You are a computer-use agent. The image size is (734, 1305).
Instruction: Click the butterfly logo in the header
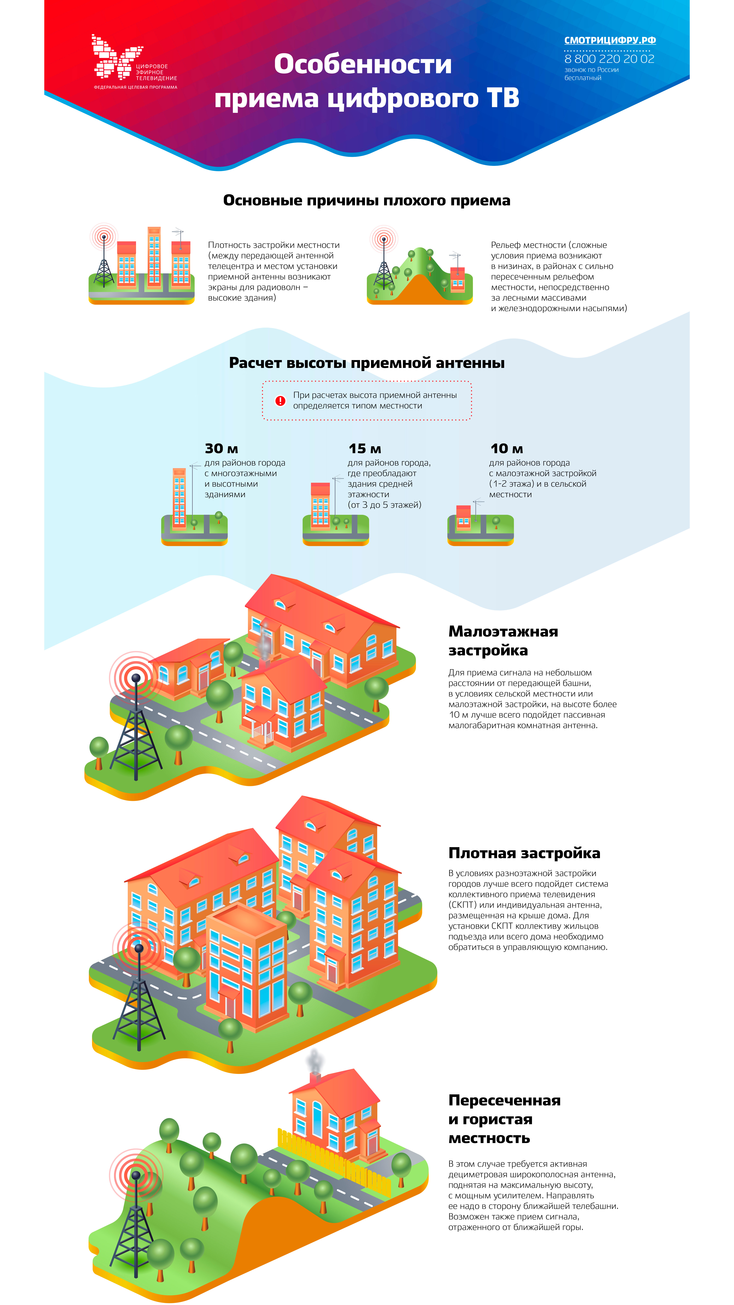[x=116, y=57]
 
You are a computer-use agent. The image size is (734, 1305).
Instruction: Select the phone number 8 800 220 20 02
[x=609, y=59]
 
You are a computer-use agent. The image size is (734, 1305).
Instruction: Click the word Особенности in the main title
[x=363, y=64]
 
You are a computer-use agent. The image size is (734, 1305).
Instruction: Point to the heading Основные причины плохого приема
[x=367, y=201]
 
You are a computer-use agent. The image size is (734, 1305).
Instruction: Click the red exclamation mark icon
[x=280, y=401]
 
